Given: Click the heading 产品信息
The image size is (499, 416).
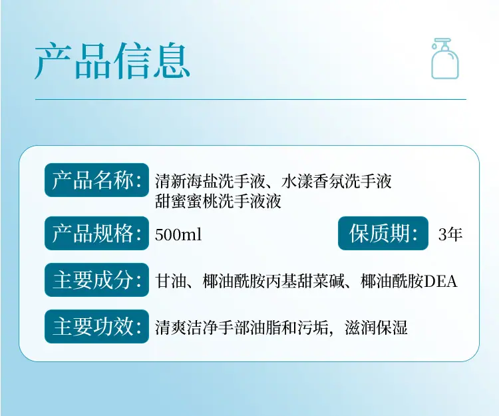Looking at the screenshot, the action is (112, 61).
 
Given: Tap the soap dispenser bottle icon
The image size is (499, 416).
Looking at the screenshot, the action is (445, 59).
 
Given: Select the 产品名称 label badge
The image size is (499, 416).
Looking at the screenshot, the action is (96, 180).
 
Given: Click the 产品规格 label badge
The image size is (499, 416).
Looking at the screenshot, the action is (96, 234).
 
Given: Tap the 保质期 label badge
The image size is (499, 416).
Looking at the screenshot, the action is (383, 234).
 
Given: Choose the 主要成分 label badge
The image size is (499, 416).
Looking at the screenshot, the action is (96, 280).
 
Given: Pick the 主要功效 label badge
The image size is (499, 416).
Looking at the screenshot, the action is (96, 327).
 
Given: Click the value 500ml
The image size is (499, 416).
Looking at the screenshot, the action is (178, 234).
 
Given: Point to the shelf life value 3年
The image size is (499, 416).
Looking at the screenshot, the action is (450, 234).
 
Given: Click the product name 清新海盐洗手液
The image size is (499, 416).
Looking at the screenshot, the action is (210, 182).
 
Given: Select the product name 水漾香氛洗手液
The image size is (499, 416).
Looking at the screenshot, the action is (337, 182).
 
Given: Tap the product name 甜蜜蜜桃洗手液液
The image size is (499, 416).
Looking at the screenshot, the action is (218, 201).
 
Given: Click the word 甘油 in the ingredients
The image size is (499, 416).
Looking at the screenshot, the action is (170, 282).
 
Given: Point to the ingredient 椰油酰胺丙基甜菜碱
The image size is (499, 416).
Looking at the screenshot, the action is (273, 282).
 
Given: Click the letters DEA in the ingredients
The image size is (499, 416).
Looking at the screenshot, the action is (440, 282).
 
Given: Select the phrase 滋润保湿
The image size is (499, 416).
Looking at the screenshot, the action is (376, 328).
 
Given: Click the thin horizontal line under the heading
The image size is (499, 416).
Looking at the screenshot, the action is (250, 99).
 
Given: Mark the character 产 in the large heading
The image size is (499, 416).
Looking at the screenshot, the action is (53, 61).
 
